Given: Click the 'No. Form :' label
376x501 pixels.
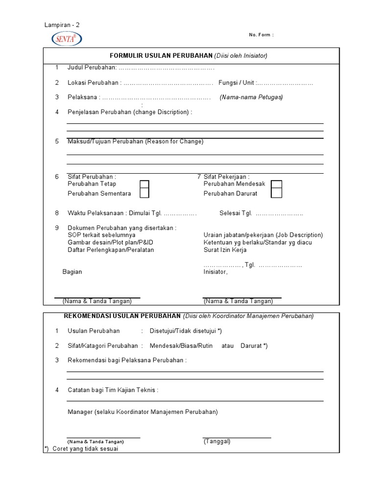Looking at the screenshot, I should pyautogui.click(x=261, y=35).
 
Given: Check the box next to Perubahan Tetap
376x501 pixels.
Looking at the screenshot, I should pyautogui.click(x=144, y=184).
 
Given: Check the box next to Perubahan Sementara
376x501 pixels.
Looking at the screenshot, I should pyautogui.click(x=144, y=193).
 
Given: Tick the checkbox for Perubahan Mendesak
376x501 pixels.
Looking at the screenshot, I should pyautogui.click(x=277, y=184).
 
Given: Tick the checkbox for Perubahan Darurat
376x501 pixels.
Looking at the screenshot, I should pyautogui.click(x=277, y=193).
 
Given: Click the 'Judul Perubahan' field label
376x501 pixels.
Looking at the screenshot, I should pyautogui.click(x=92, y=68).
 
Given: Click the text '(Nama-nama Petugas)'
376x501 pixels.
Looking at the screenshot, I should pyautogui.click(x=251, y=97).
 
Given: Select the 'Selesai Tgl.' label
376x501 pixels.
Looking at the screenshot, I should pyautogui.click(x=235, y=213).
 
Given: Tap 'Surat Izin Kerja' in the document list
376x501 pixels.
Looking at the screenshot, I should pyautogui.click(x=225, y=250).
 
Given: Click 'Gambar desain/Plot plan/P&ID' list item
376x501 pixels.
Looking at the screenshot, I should pyautogui.click(x=109, y=243).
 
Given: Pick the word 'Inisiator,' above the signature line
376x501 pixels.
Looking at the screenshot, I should pyautogui.click(x=215, y=272).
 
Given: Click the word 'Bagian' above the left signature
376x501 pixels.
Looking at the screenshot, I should pyautogui.click(x=72, y=272).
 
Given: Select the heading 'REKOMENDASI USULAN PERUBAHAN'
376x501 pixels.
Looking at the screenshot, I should pyautogui.click(x=122, y=316).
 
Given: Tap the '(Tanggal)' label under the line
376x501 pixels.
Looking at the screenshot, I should pyautogui.click(x=217, y=441).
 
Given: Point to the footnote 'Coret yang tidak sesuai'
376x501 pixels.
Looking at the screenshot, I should pyautogui.click(x=85, y=449).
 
